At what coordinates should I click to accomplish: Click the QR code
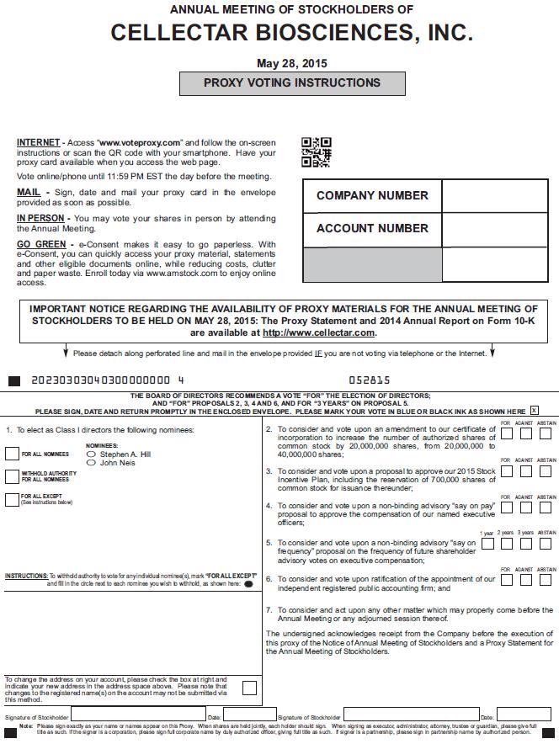point(316,152)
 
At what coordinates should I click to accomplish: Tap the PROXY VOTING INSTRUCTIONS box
point(292,83)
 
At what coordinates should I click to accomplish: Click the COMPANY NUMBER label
point(372,195)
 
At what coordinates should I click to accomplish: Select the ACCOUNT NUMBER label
point(372,228)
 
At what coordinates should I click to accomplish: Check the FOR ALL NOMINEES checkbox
point(12,454)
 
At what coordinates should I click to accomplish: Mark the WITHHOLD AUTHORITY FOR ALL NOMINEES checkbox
point(12,476)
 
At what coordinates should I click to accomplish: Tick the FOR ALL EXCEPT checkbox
point(12,499)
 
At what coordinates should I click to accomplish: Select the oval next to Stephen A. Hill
point(92,454)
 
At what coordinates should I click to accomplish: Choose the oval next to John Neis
point(92,463)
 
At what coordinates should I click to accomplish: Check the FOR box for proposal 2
point(506,434)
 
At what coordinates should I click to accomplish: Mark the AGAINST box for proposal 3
point(525,473)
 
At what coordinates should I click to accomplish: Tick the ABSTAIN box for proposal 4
point(546,508)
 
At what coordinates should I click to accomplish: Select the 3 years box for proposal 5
point(525,544)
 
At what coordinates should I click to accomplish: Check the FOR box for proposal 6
point(506,580)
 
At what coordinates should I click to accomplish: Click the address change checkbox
point(249,688)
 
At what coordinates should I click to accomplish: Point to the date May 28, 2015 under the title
point(292,63)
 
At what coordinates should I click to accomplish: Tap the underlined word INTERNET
point(38,142)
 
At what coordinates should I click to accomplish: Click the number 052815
point(370,380)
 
